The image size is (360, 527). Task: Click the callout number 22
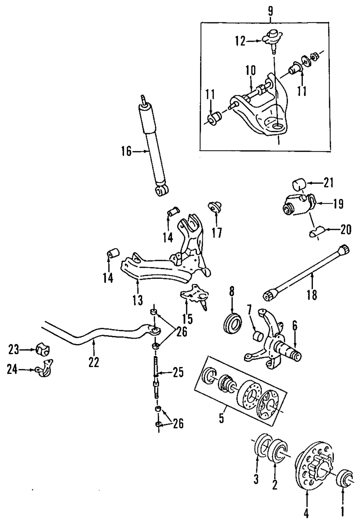coord(94,362)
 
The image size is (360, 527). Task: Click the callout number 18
coord(312,295)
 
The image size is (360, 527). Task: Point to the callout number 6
coord(294,326)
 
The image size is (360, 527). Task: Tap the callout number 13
coord(138,299)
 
